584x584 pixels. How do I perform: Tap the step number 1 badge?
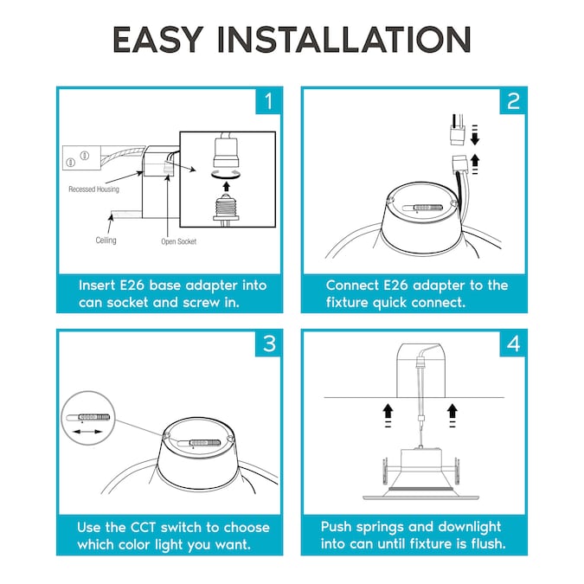pos(269,101)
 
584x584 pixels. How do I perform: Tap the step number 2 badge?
pos(513,101)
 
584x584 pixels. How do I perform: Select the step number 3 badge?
pos(269,343)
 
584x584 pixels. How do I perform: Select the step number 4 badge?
pos(513,343)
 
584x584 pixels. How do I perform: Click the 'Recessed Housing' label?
pos(93,189)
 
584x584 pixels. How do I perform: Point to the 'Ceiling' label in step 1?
pos(106,241)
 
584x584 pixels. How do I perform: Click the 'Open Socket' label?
pos(179,241)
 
